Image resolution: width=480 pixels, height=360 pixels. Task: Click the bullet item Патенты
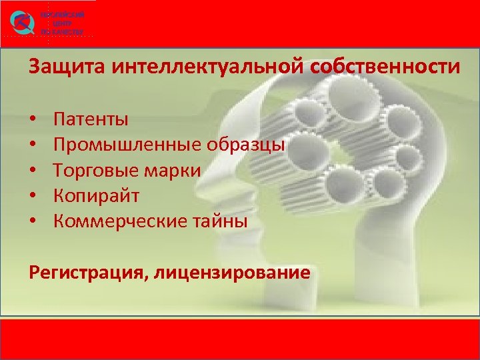click(91, 120)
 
